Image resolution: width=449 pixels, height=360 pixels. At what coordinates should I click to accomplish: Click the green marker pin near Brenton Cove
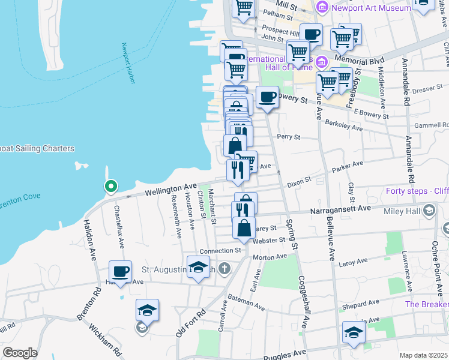coord(110,187)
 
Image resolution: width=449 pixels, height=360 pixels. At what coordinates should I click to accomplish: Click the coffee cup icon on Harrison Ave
coord(120,271)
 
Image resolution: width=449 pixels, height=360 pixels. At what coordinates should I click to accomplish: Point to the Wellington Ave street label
coord(171,190)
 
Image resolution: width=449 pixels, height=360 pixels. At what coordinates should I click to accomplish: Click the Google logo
coord(20,353)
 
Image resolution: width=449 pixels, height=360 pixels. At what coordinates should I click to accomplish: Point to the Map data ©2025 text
coord(424,355)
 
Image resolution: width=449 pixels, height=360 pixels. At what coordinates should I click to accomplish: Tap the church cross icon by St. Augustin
coord(224,268)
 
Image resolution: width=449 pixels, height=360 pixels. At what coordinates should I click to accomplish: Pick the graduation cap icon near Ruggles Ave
coord(353,332)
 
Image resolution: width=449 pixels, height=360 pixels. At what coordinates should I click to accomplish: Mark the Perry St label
coord(288,137)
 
